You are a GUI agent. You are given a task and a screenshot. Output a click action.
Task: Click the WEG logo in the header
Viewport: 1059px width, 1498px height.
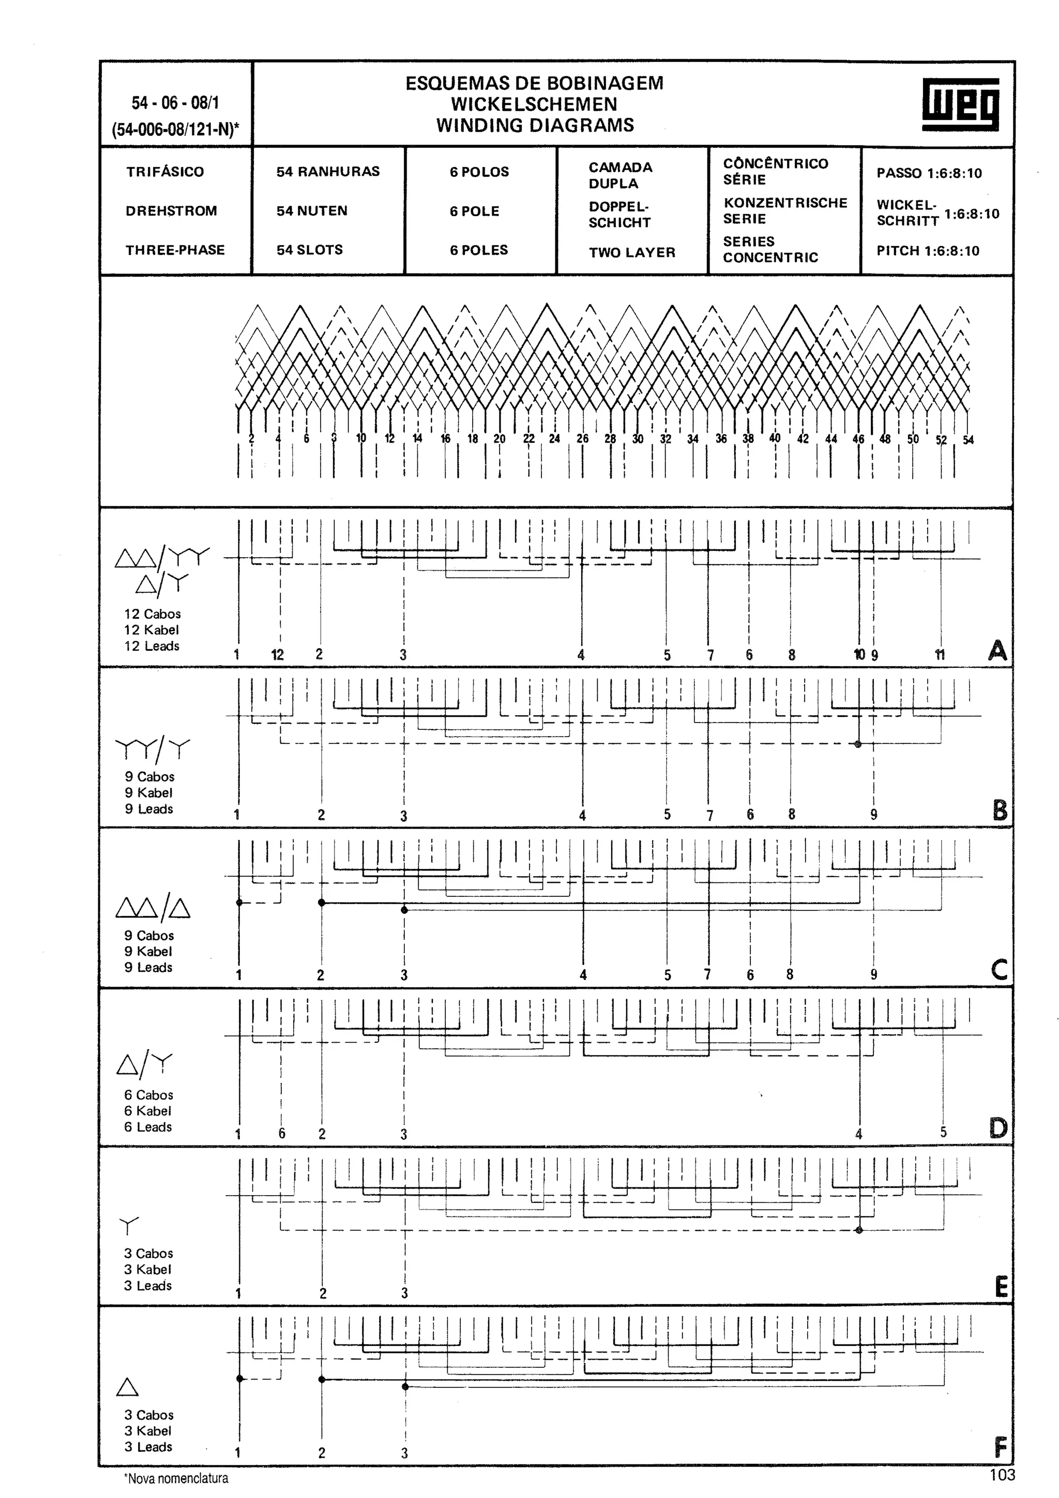tap(960, 104)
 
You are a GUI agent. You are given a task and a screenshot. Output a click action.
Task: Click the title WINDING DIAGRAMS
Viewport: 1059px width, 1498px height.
tap(535, 125)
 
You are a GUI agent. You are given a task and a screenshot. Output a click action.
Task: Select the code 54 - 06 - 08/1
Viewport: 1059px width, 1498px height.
tap(175, 103)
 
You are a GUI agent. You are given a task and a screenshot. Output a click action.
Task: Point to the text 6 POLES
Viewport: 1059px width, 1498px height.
tap(479, 250)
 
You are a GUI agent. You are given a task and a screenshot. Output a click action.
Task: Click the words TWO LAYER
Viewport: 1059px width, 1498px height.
tap(631, 252)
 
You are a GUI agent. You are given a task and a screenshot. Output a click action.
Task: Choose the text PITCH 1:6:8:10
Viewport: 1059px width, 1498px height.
tap(928, 251)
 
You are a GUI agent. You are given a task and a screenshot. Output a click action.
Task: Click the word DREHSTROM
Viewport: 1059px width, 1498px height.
tap(171, 211)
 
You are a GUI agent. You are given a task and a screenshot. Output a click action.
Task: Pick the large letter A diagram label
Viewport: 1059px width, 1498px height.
tap(997, 650)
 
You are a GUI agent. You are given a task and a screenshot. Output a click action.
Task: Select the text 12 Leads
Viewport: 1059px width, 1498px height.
tap(152, 646)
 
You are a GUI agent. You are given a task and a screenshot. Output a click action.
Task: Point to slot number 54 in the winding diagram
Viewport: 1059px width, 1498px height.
tap(969, 440)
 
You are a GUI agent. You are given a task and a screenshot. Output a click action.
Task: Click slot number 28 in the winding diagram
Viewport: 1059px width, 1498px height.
tap(610, 439)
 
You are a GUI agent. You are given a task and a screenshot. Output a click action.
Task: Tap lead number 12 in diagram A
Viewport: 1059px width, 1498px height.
tap(277, 655)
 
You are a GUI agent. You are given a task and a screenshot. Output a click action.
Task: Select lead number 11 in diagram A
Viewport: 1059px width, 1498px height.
tap(940, 655)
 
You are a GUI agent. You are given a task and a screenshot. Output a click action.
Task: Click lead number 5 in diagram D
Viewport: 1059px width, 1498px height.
tap(943, 1132)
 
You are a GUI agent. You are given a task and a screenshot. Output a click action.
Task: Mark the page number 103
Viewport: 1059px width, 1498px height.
tap(1002, 1475)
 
